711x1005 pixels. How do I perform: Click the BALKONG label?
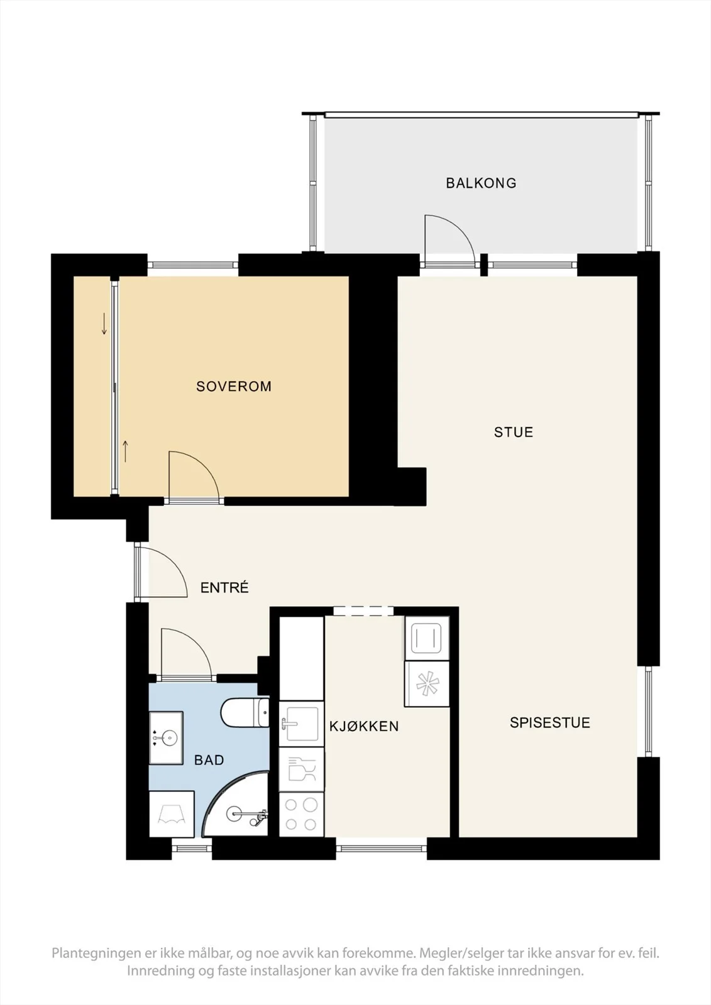point(481,183)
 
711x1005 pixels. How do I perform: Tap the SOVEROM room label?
point(234,386)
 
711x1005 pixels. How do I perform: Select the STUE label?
point(514,432)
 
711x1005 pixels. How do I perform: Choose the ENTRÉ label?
point(224,587)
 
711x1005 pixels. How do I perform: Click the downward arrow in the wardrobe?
point(104,323)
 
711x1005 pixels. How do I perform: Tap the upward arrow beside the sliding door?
point(125,452)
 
